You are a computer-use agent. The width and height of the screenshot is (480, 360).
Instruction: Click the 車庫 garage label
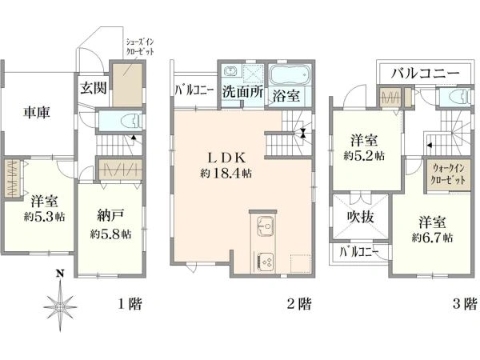pos(37,113)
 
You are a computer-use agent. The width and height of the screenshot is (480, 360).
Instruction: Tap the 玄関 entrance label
pos(94,88)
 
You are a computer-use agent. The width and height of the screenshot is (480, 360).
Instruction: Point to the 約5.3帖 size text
pos(44,217)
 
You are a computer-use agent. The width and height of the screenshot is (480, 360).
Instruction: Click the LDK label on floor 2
pos(226,158)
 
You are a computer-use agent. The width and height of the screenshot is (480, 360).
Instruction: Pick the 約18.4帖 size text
pos(226,174)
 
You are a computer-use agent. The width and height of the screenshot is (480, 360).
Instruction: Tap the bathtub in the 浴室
pos(290,74)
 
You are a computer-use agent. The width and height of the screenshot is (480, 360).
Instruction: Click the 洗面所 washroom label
pos(242,91)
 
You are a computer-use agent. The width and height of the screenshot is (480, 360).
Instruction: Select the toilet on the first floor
pos(131,121)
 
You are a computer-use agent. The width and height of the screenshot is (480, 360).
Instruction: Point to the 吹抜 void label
pos(361,217)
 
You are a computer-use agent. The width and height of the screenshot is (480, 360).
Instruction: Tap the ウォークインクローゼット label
pos(448,174)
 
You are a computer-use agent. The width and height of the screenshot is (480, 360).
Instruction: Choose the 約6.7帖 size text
pos(432,238)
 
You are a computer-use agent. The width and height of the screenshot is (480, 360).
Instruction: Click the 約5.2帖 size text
pos(364,156)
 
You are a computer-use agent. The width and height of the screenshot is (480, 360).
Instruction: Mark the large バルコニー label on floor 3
pos(426,73)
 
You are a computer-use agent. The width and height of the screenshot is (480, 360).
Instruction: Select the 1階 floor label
pos(130,304)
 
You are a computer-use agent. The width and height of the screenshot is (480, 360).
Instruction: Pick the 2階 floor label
pos(298,304)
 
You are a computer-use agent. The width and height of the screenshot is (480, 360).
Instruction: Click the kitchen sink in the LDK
pos(265,226)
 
